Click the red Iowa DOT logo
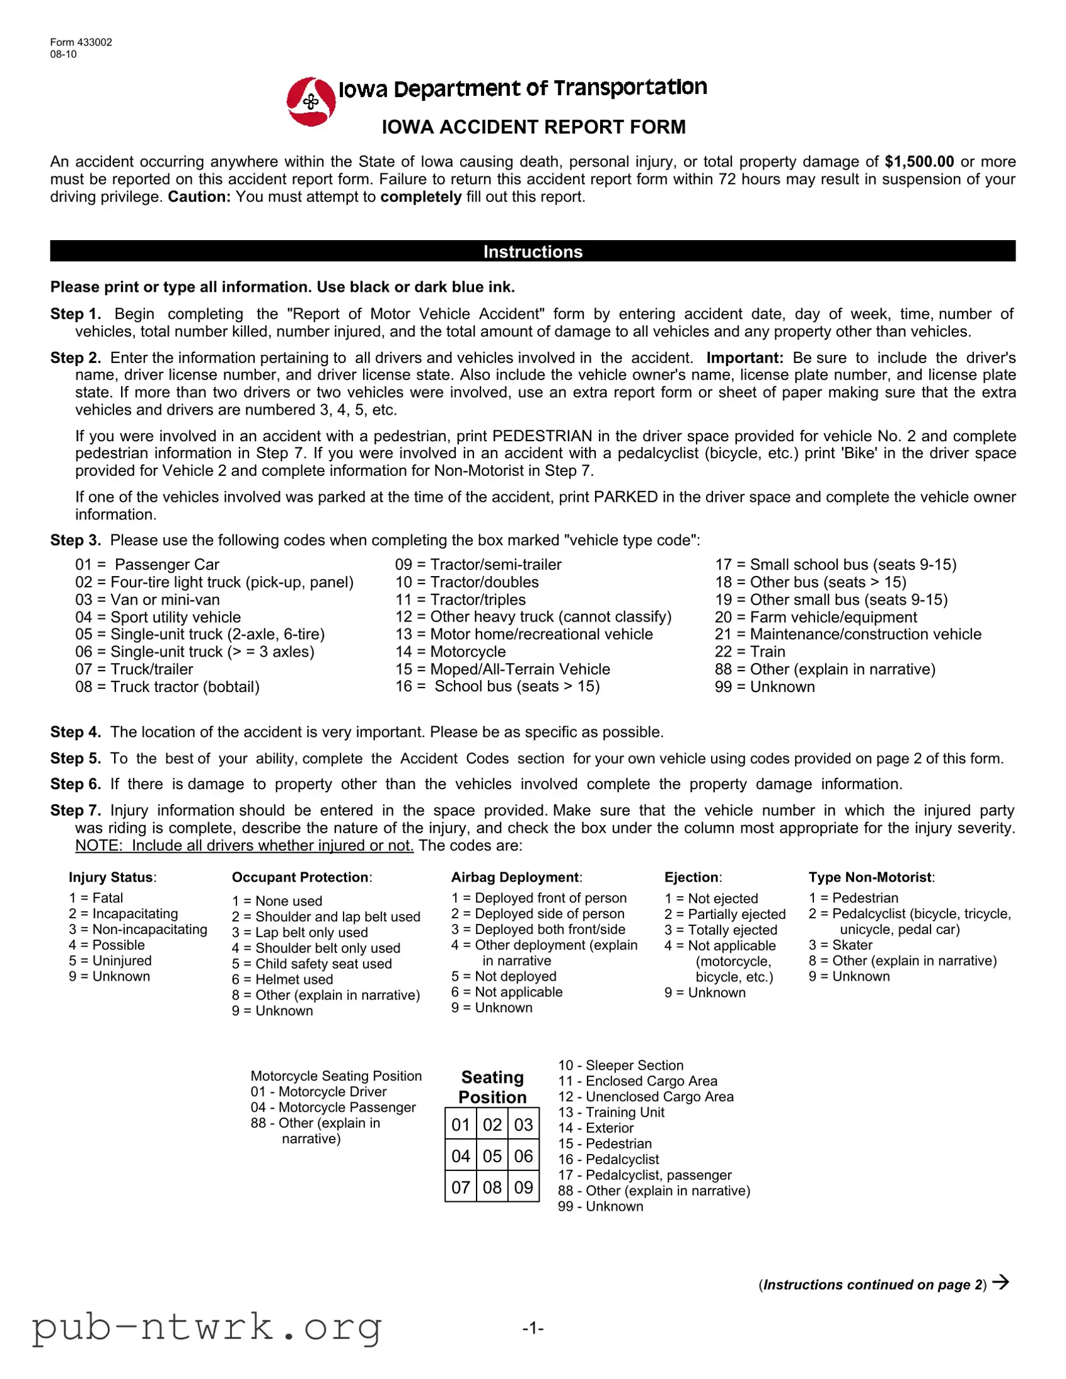click(311, 101)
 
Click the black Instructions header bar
click(532, 251)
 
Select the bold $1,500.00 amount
click(919, 161)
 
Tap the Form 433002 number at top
click(81, 42)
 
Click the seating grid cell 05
click(492, 1156)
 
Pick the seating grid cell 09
click(523, 1187)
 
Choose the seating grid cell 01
click(460, 1124)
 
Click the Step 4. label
click(76, 732)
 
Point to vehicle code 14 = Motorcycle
click(450, 652)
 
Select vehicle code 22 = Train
click(750, 652)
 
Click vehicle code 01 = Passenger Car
click(147, 565)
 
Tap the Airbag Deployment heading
click(516, 877)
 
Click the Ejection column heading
click(692, 877)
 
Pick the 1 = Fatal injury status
click(96, 898)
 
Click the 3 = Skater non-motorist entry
click(840, 945)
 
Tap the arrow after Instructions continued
click(1000, 1283)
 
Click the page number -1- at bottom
click(532, 1328)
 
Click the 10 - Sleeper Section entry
click(620, 1065)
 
